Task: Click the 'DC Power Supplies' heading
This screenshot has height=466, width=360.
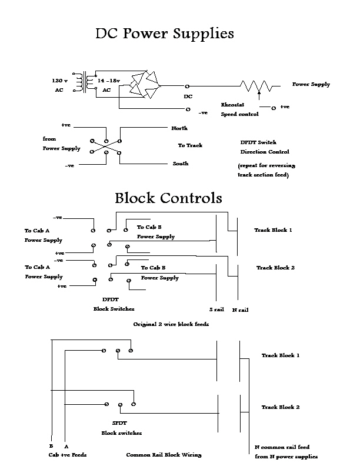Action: pyautogui.click(x=164, y=34)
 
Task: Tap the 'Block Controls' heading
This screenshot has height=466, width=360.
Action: pyautogui.click(x=168, y=197)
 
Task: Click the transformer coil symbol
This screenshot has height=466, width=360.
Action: pyautogui.click(x=91, y=84)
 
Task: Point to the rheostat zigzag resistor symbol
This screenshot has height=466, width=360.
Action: pyautogui.click(x=256, y=86)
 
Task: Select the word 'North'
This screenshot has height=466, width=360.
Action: pyautogui.click(x=179, y=128)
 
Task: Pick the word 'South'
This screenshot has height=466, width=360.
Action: pyautogui.click(x=180, y=164)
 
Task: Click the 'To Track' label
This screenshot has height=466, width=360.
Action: pyautogui.click(x=190, y=145)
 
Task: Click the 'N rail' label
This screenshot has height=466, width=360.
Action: pyautogui.click(x=240, y=309)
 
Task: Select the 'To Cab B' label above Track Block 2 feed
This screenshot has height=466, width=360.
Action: pyautogui.click(x=154, y=268)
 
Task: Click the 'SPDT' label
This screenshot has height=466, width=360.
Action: pyautogui.click(x=119, y=423)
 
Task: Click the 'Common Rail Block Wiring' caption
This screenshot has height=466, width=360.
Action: pyautogui.click(x=164, y=455)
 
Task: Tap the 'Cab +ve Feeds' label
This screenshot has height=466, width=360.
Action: pyautogui.click(x=69, y=455)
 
